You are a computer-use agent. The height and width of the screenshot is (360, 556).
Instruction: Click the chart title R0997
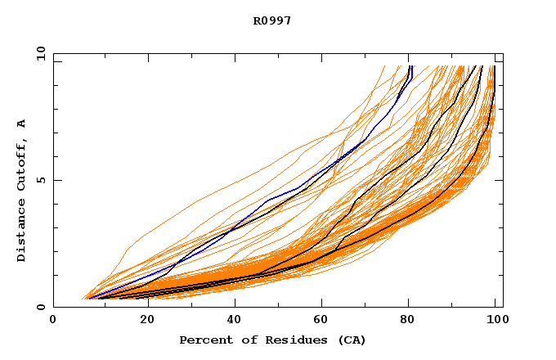click(272, 20)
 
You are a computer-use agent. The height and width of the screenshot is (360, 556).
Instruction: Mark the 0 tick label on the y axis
click(40, 308)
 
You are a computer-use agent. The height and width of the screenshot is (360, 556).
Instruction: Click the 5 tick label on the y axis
click(40, 180)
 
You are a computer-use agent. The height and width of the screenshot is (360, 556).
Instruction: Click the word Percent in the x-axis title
click(203, 340)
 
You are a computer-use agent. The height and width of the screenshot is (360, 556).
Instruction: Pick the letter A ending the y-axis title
click(21, 124)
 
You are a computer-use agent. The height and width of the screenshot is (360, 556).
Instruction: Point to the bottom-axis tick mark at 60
click(320, 304)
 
